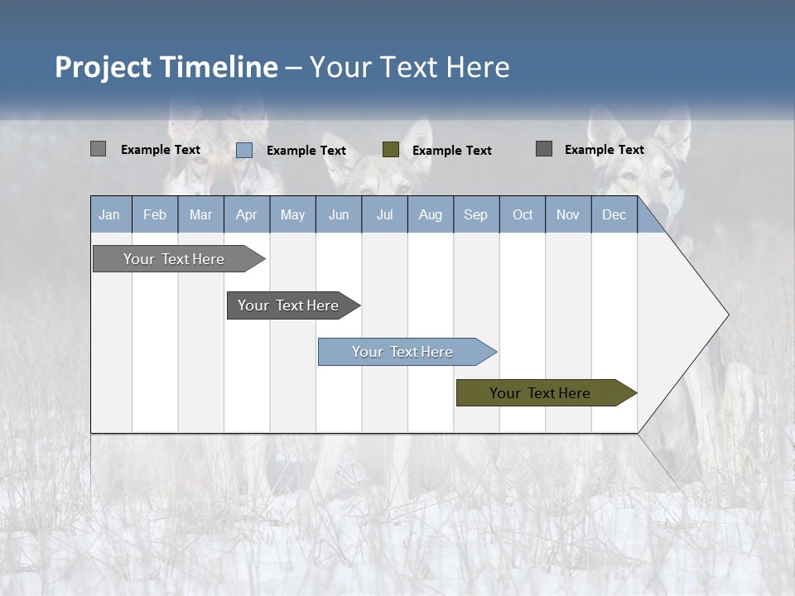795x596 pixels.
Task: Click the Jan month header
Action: pyautogui.click(x=110, y=214)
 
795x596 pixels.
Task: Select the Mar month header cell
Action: pyautogui.click(x=200, y=214)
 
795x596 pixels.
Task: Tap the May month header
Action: pyautogui.click(x=292, y=214)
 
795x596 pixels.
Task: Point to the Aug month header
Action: pyautogui.click(x=431, y=214)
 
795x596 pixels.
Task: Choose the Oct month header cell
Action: pyautogui.click(x=523, y=214)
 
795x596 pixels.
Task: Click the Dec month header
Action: pyautogui.click(x=614, y=214)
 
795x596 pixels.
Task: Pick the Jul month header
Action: pyautogui.click(x=384, y=214)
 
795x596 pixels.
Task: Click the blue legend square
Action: pyautogui.click(x=244, y=150)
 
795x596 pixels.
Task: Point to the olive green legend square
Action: pyautogui.click(x=391, y=149)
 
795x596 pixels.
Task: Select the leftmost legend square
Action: pyautogui.click(x=99, y=149)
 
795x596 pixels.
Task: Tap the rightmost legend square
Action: pyautogui.click(x=544, y=149)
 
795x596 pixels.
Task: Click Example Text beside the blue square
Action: pyautogui.click(x=306, y=151)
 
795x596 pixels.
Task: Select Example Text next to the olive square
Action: pyautogui.click(x=452, y=151)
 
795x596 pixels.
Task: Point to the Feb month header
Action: pyautogui.click(x=155, y=214)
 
